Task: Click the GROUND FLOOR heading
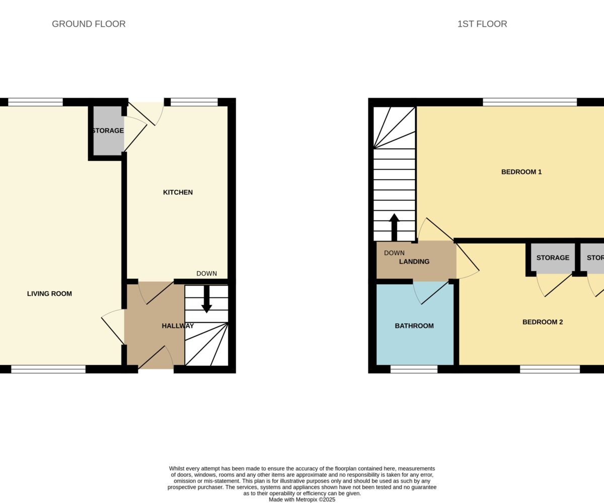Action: click(89, 24)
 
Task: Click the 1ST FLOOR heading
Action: click(482, 24)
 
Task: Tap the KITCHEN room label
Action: click(178, 192)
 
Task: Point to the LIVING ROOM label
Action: click(49, 294)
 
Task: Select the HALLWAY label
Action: click(178, 326)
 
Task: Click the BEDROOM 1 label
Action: click(521, 172)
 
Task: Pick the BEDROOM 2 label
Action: click(543, 322)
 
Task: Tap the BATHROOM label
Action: click(414, 326)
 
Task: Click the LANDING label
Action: click(414, 262)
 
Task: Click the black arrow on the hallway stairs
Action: click(206, 299)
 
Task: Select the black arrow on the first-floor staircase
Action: click(394, 227)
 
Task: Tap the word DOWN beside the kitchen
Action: click(206, 274)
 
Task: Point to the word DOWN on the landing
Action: click(394, 253)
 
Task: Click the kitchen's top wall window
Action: click(194, 102)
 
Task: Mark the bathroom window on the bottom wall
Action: click(414, 369)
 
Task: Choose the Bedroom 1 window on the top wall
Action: click(530, 102)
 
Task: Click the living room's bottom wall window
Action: click(48, 369)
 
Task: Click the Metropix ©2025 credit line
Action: click(302, 499)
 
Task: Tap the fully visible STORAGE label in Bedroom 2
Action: click(553, 258)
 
